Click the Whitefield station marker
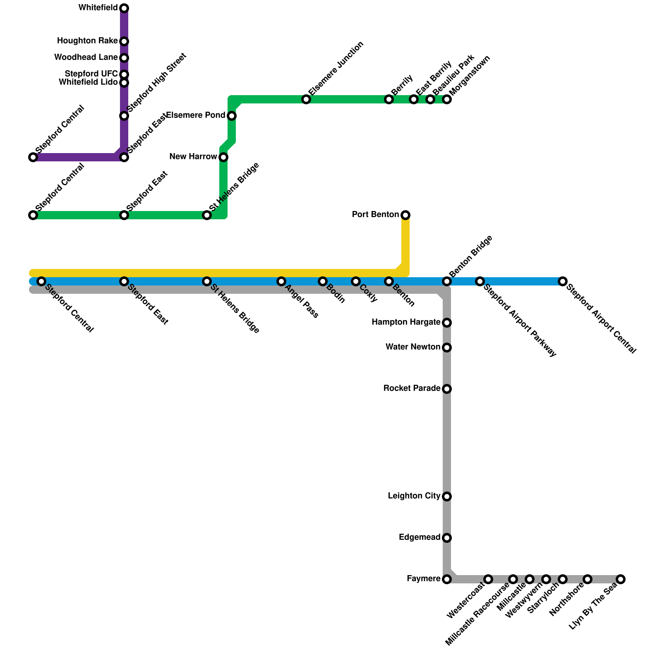point(124,8)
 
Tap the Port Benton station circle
point(405,215)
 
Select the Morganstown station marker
point(447,99)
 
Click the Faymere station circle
point(447,579)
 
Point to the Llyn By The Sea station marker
point(621,579)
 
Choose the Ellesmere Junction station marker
point(306,99)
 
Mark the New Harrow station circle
point(223,157)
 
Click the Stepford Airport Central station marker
point(563,281)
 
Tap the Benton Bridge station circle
point(447,281)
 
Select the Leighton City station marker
point(447,496)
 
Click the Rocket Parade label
point(412,389)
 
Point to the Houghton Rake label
point(87,41)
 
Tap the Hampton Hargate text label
point(406,322)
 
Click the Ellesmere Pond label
point(195,115)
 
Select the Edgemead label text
point(420,537)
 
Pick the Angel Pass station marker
point(281,281)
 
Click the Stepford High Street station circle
point(124,116)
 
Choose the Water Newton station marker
point(447,348)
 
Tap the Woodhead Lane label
point(86,58)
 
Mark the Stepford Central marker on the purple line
point(33,157)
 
